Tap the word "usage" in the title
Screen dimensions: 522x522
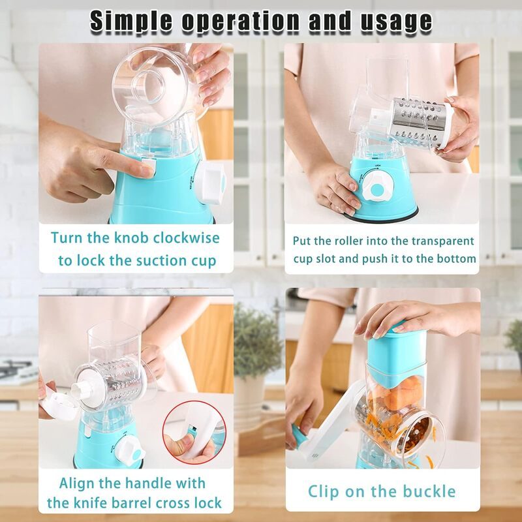pos(396,23)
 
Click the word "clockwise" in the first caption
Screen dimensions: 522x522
pos(187,238)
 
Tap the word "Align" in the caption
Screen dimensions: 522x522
pos(78,484)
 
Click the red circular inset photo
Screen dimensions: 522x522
pos(194,432)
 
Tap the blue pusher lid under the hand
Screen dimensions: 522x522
pos(396,353)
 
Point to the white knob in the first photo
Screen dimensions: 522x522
pos(211,182)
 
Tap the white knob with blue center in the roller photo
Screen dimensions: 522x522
pos(377,187)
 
